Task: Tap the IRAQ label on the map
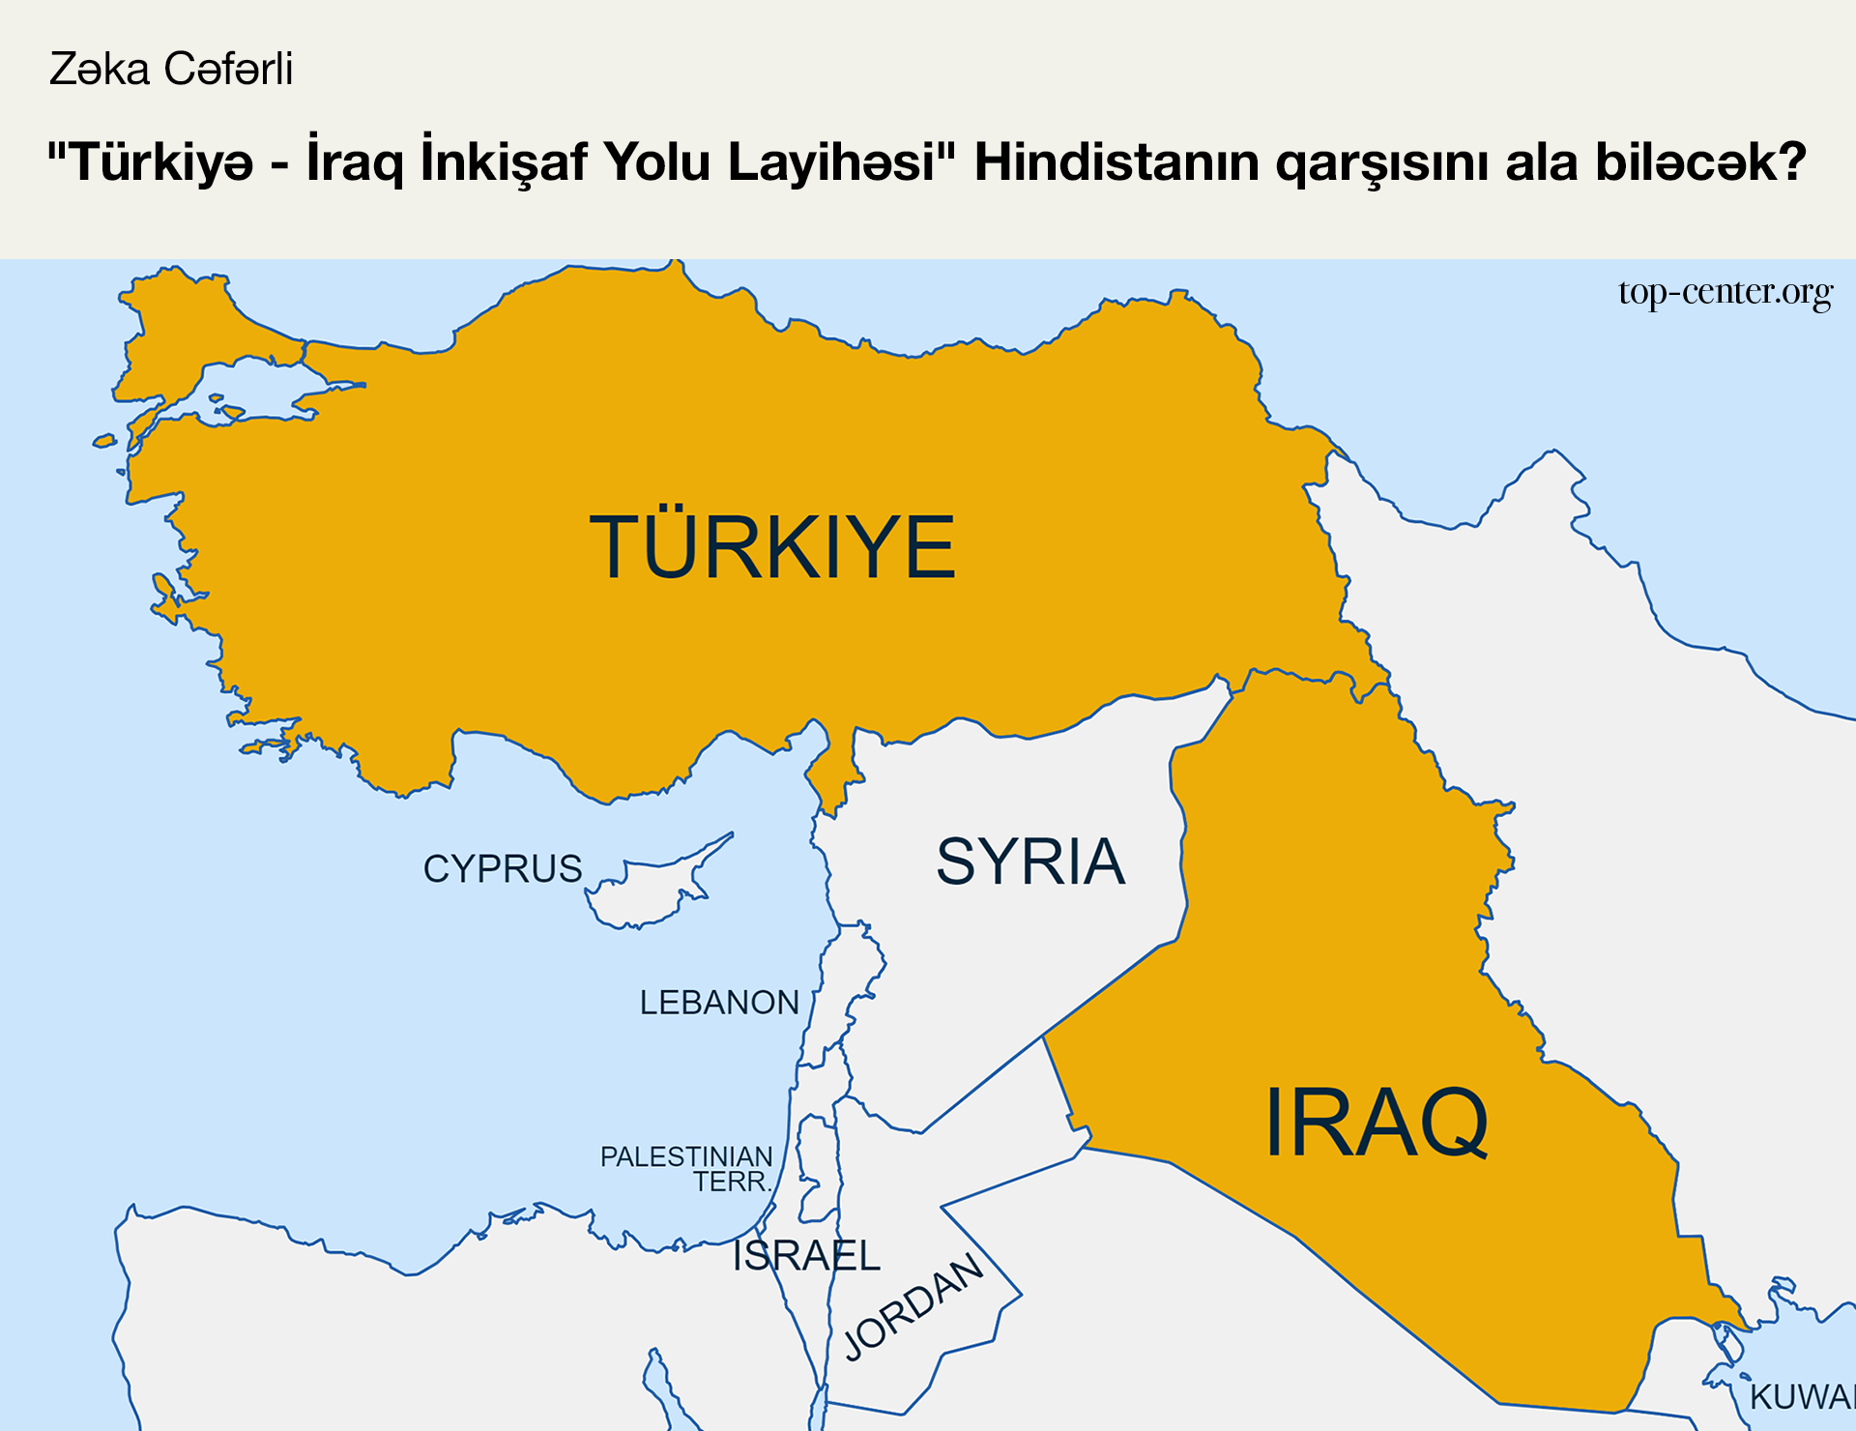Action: (1377, 1123)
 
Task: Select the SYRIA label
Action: (1030, 862)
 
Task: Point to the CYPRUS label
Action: (503, 869)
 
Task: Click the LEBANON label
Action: (719, 1003)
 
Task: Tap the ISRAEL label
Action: (806, 1256)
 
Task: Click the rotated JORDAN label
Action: (913, 1306)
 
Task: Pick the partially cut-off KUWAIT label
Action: (1801, 1397)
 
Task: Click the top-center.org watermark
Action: (1725, 292)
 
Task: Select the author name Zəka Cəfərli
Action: (171, 70)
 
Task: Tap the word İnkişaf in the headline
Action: (504, 162)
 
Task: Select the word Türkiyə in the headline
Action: (162, 162)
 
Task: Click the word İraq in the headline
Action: (355, 162)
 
